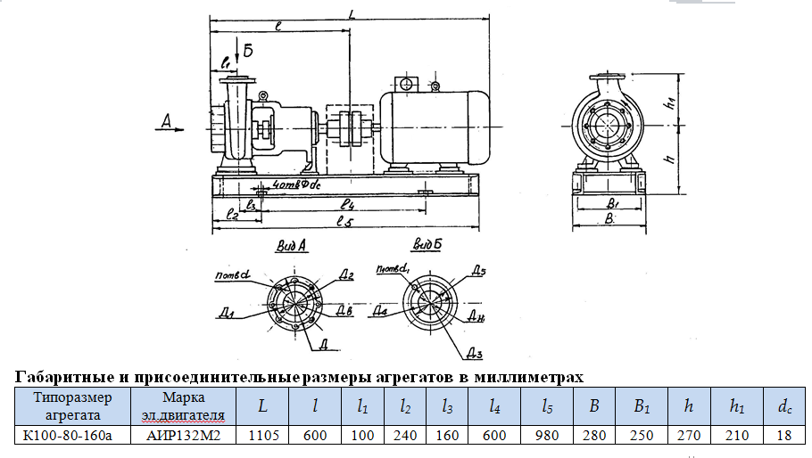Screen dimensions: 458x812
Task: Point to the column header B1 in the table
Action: tap(641, 406)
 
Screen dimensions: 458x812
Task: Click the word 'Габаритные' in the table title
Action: tap(63, 376)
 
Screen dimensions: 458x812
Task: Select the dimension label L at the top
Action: tap(352, 12)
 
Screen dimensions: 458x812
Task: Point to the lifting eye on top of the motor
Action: tap(407, 84)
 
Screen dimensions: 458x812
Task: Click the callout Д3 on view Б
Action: tap(476, 355)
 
